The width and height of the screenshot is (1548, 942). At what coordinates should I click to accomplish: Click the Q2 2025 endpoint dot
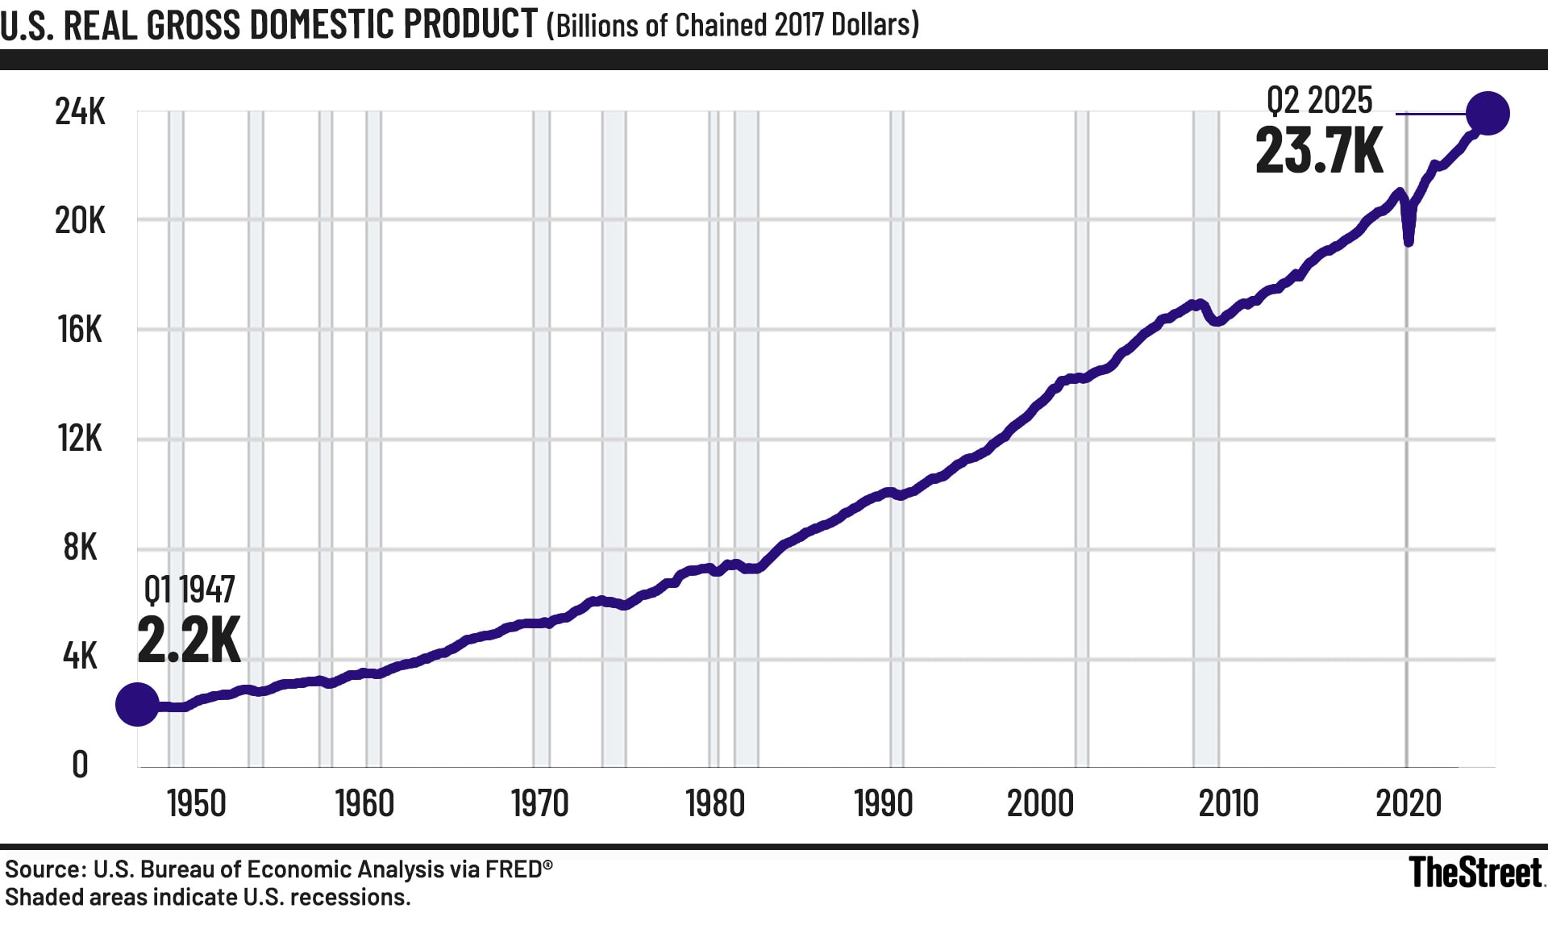click(x=1488, y=114)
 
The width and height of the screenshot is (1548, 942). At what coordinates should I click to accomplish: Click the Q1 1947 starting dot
click(x=137, y=704)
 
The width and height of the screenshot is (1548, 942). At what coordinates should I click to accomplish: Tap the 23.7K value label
click(x=1319, y=151)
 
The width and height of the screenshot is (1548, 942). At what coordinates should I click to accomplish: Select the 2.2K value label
click(x=189, y=640)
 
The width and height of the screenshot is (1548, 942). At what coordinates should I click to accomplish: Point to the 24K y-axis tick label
click(x=80, y=111)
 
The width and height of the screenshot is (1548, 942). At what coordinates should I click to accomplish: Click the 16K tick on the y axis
click(x=80, y=329)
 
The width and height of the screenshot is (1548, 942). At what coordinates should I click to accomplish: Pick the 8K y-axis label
click(x=80, y=547)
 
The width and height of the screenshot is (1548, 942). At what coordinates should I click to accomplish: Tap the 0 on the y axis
click(x=80, y=765)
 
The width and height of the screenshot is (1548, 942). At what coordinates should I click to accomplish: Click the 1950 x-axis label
click(x=196, y=803)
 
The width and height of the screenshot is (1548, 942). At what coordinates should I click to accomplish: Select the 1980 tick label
click(x=715, y=803)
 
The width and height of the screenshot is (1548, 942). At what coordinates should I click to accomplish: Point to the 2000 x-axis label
click(x=1040, y=803)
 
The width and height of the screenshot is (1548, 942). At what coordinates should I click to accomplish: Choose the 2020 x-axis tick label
click(x=1409, y=803)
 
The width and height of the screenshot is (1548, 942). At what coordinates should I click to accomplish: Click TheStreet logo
click(x=1475, y=873)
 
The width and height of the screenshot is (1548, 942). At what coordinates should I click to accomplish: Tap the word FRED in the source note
click(x=513, y=869)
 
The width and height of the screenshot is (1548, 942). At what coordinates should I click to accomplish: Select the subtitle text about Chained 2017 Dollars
click(x=733, y=26)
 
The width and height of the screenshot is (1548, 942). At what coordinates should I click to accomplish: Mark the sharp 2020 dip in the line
click(x=1409, y=240)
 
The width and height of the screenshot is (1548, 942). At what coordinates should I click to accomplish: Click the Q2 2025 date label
click(x=1319, y=100)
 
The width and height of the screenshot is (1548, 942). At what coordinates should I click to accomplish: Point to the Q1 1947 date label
click(x=189, y=590)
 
